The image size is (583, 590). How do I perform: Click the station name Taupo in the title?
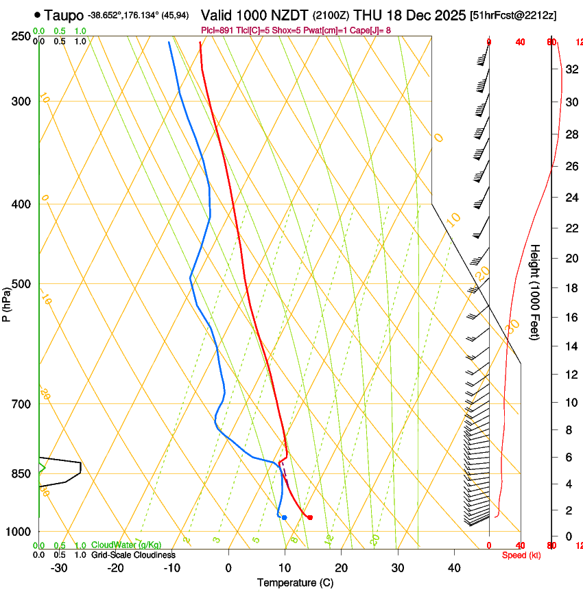pyautogui.click(x=64, y=15)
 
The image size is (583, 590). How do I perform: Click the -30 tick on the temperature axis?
pyautogui.click(x=59, y=567)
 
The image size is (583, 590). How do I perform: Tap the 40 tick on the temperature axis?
pyautogui.click(x=454, y=567)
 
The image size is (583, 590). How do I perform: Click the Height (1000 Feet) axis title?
pyautogui.click(x=536, y=292)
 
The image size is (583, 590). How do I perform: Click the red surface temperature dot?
pyautogui.click(x=311, y=517)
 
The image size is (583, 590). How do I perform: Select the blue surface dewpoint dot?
pyautogui.click(x=284, y=517)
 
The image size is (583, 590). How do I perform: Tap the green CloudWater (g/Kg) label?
pyautogui.click(x=126, y=545)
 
